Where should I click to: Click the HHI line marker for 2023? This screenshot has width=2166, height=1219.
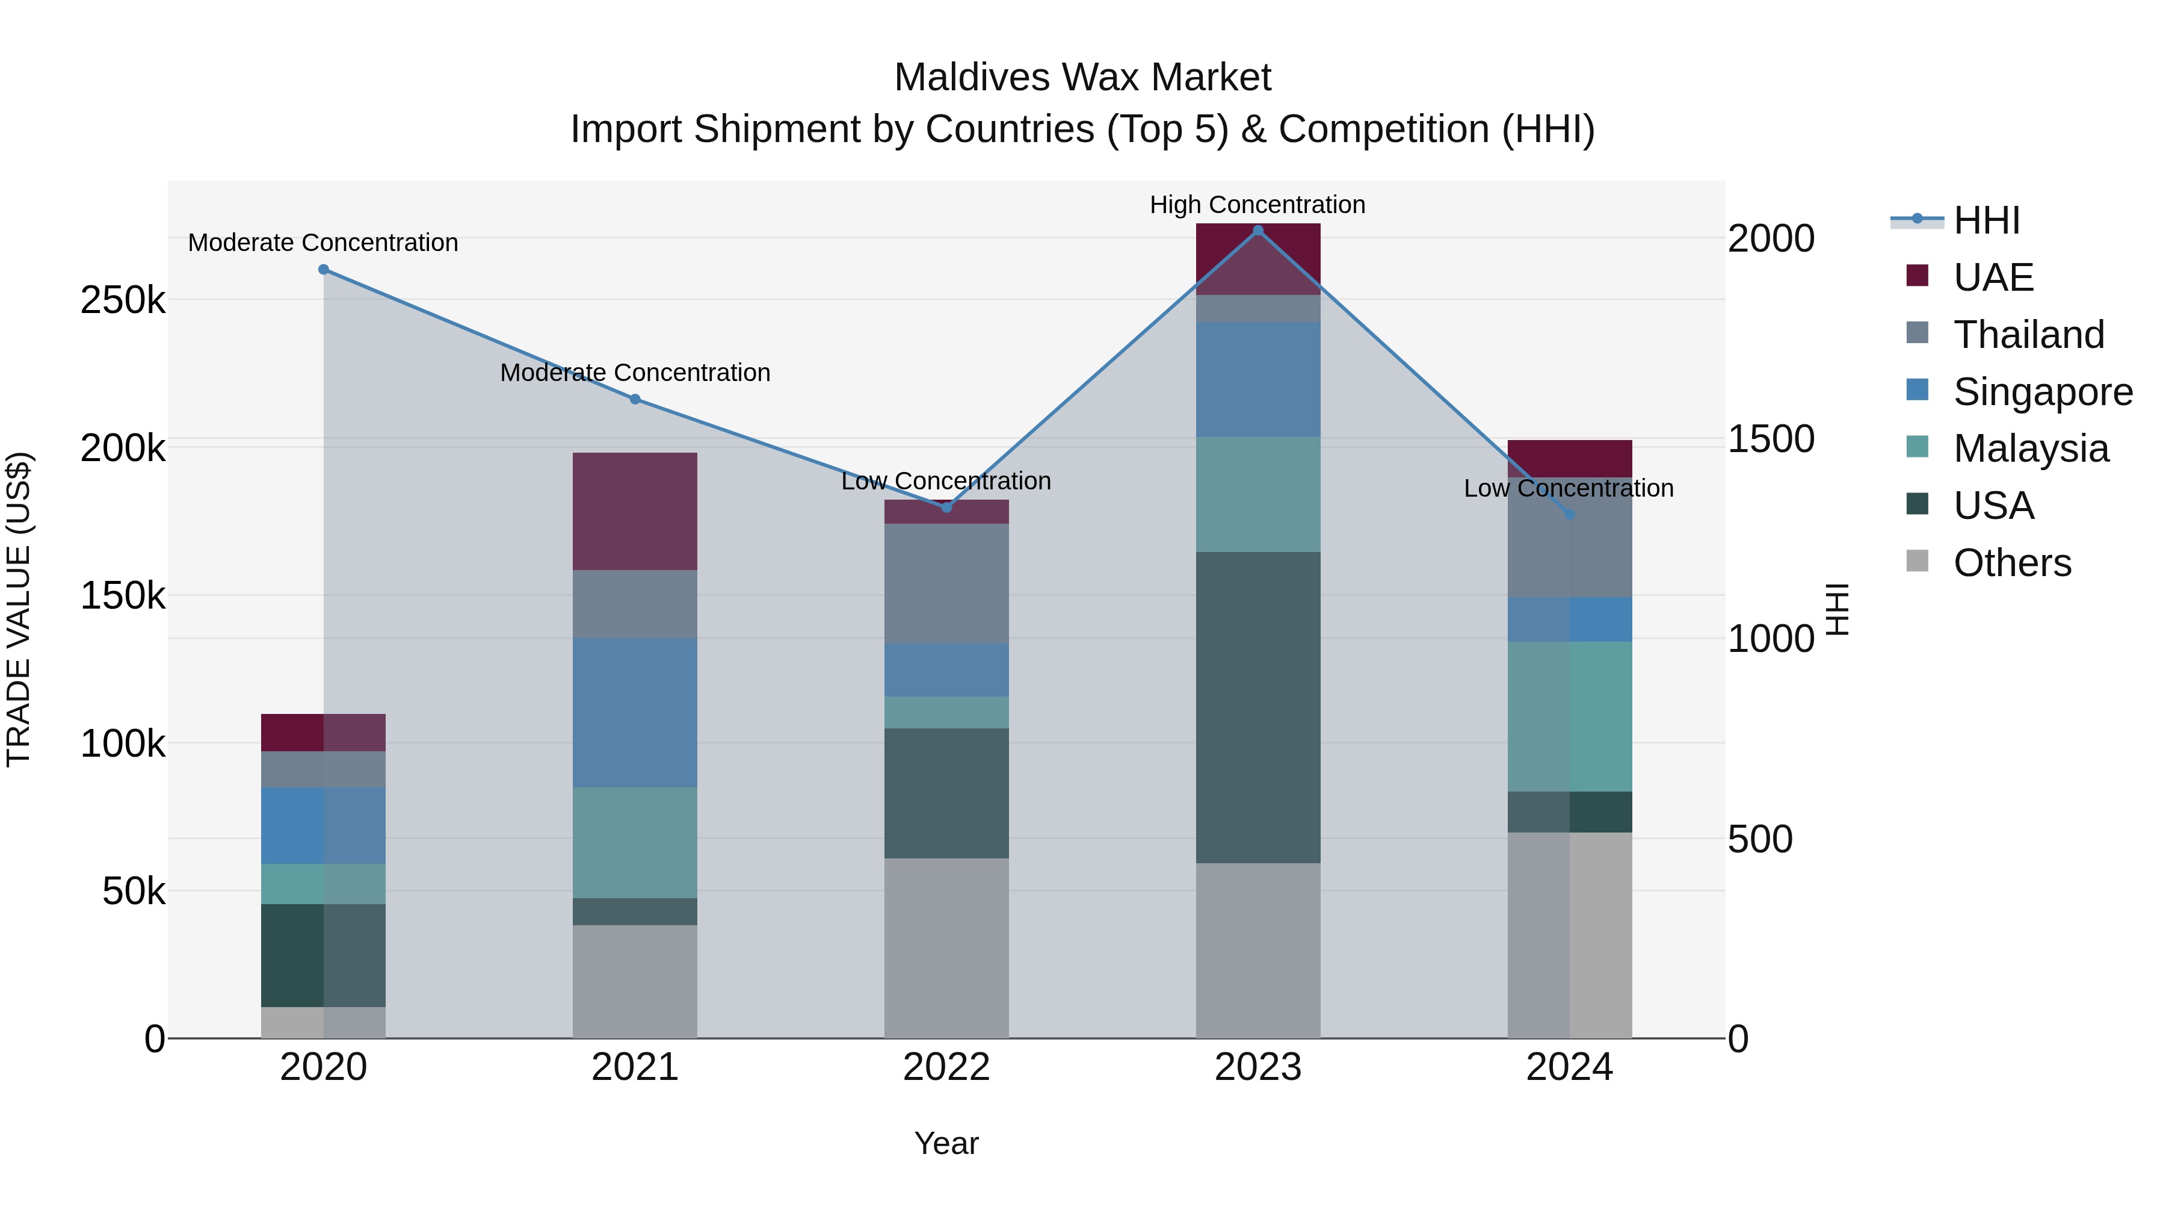click(x=1258, y=231)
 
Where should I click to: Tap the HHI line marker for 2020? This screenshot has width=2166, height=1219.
click(x=324, y=269)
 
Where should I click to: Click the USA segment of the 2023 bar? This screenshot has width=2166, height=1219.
click(x=1258, y=707)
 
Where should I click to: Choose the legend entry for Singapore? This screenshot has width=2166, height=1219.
click(x=2043, y=391)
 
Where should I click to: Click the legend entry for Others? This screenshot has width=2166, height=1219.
click(x=2011, y=563)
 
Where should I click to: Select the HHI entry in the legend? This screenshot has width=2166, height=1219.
click(x=1986, y=220)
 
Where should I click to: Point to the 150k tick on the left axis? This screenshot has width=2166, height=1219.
click(x=123, y=595)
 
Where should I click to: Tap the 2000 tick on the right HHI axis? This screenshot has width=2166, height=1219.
click(x=1771, y=239)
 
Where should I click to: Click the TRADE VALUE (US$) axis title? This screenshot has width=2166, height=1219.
click(x=19, y=609)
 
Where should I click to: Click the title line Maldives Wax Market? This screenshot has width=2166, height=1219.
click(x=1082, y=78)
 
